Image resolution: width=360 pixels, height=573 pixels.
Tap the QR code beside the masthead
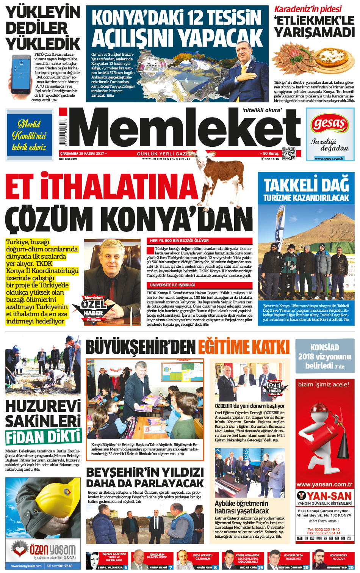(289, 154)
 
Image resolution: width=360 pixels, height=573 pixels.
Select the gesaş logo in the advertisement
(330, 124)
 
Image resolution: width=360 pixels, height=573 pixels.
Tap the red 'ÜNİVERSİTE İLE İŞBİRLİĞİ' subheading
(172, 285)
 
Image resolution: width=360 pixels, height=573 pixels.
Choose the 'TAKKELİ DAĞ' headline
(306, 185)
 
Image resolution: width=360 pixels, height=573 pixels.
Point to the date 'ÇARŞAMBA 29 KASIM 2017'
(82, 154)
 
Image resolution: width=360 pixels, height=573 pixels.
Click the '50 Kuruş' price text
(271, 154)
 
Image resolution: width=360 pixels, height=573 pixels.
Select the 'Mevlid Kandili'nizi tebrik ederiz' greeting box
(29, 135)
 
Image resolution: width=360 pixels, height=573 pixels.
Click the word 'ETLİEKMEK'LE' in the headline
(314, 20)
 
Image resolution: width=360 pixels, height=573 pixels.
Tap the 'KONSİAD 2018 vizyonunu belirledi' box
(324, 356)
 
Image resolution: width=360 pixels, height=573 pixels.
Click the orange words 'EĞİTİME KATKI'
(243, 347)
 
